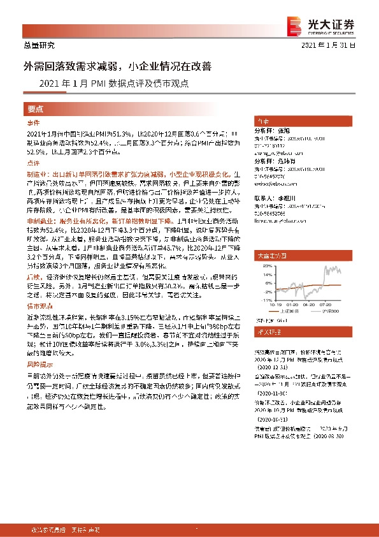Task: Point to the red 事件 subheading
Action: (x=33, y=122)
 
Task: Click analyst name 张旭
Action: (x=283, y=130)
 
